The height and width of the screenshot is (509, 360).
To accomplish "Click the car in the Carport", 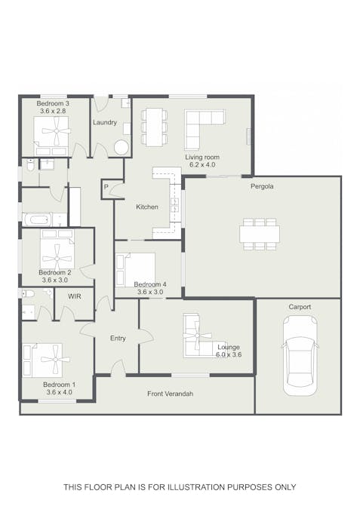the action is [300, 356].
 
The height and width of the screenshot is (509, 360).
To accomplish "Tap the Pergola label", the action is [262, 186].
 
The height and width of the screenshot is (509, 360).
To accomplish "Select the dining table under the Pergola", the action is [260, 234].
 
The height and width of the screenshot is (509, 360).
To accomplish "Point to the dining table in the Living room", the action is [154, 127].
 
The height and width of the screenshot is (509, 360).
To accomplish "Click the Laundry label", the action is [105, 122].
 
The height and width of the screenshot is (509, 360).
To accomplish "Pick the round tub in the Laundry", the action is [122, 148].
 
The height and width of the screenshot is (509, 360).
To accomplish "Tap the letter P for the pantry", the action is [106, 187].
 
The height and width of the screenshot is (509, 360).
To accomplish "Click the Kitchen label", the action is [147, 207].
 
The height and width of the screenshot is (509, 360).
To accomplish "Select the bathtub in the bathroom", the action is [37, 219].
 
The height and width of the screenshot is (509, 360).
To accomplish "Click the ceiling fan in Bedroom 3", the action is [56, 130].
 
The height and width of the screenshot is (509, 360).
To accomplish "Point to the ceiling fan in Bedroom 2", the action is [57, 259].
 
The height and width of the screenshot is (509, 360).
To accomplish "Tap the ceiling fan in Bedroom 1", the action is [55, 359].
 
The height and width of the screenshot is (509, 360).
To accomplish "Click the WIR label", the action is [75, 296].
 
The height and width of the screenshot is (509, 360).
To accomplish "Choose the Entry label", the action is [118, 339].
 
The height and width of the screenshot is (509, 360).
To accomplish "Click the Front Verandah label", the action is [171, 394].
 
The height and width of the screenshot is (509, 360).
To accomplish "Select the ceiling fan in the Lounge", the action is [197, 336].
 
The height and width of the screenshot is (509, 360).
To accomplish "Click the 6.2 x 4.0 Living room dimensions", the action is [202, 164].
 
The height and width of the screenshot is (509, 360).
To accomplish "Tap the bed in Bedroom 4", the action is [136, 270].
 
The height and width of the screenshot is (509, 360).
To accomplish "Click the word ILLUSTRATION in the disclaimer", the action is [196, 487].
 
